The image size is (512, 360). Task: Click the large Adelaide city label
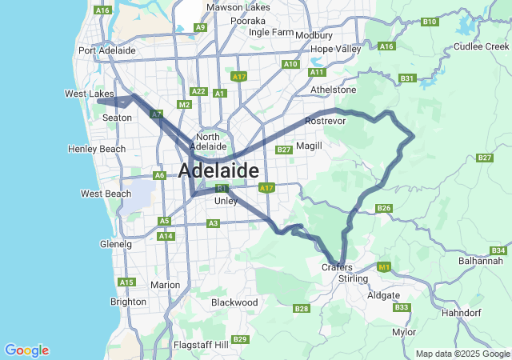coord(218,171)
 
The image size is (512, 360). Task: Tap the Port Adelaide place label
coord(107,50)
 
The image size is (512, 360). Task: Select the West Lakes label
coord(90,94)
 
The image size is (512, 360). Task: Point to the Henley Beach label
coord(97,150)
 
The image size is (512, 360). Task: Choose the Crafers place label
coord(337,267)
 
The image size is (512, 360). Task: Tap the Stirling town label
coord(353,278)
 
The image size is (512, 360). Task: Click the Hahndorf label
coord(463,313)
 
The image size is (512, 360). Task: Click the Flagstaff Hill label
coord(201,345)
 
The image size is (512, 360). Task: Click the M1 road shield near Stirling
coord(383,267)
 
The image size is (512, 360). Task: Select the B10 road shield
coord(430,22)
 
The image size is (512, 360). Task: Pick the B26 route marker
coord(384,209)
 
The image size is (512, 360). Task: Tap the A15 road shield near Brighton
coord(126,282)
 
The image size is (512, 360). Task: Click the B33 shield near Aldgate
coord(402,308)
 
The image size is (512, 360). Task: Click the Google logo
coord(26,350)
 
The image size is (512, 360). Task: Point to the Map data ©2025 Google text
coord(462,354)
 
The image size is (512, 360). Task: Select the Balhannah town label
coord(481,261)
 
